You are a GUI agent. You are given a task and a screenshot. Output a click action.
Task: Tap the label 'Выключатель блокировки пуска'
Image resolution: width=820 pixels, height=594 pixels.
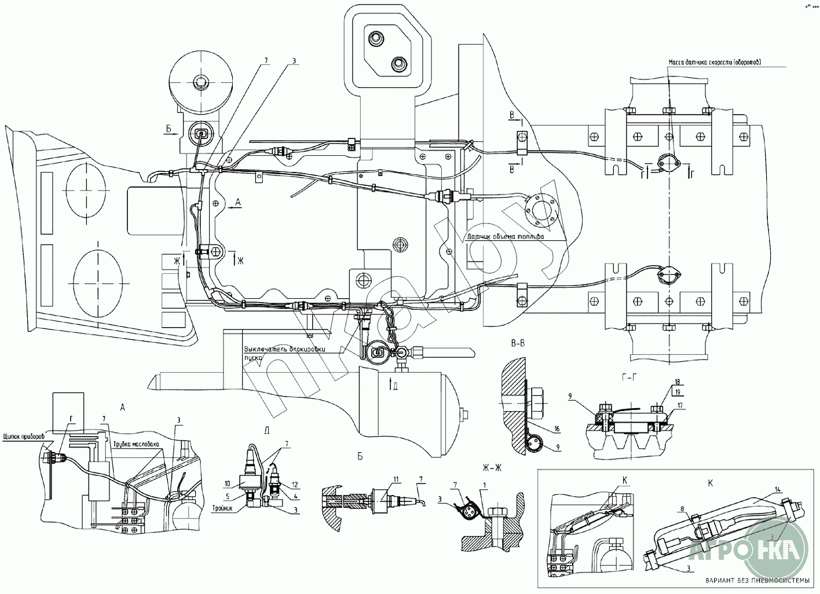tap(284, 353)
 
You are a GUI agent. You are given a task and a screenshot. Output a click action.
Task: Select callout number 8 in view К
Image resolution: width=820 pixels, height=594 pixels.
tap(683, 509)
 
